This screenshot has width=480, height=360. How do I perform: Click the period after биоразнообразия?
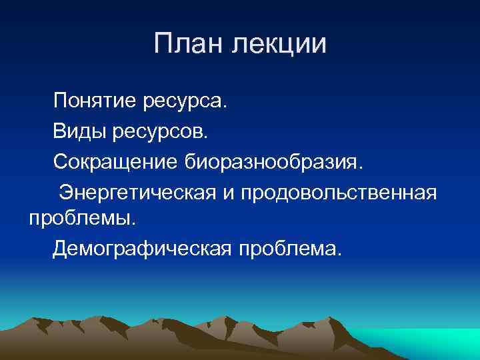click(363, 167)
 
